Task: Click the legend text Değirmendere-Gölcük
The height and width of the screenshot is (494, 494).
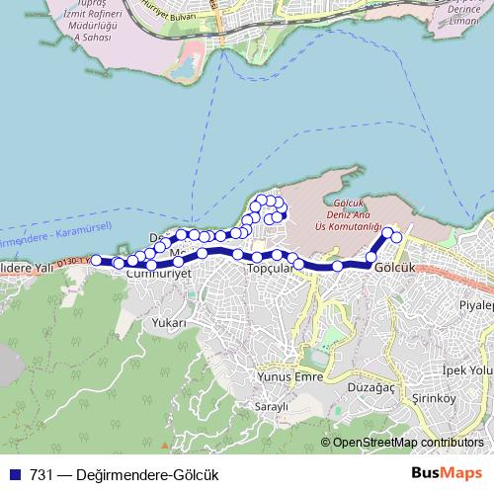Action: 137,474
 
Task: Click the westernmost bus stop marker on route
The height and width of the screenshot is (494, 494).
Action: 97,261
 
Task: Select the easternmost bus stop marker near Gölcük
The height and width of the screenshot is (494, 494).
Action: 397,238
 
